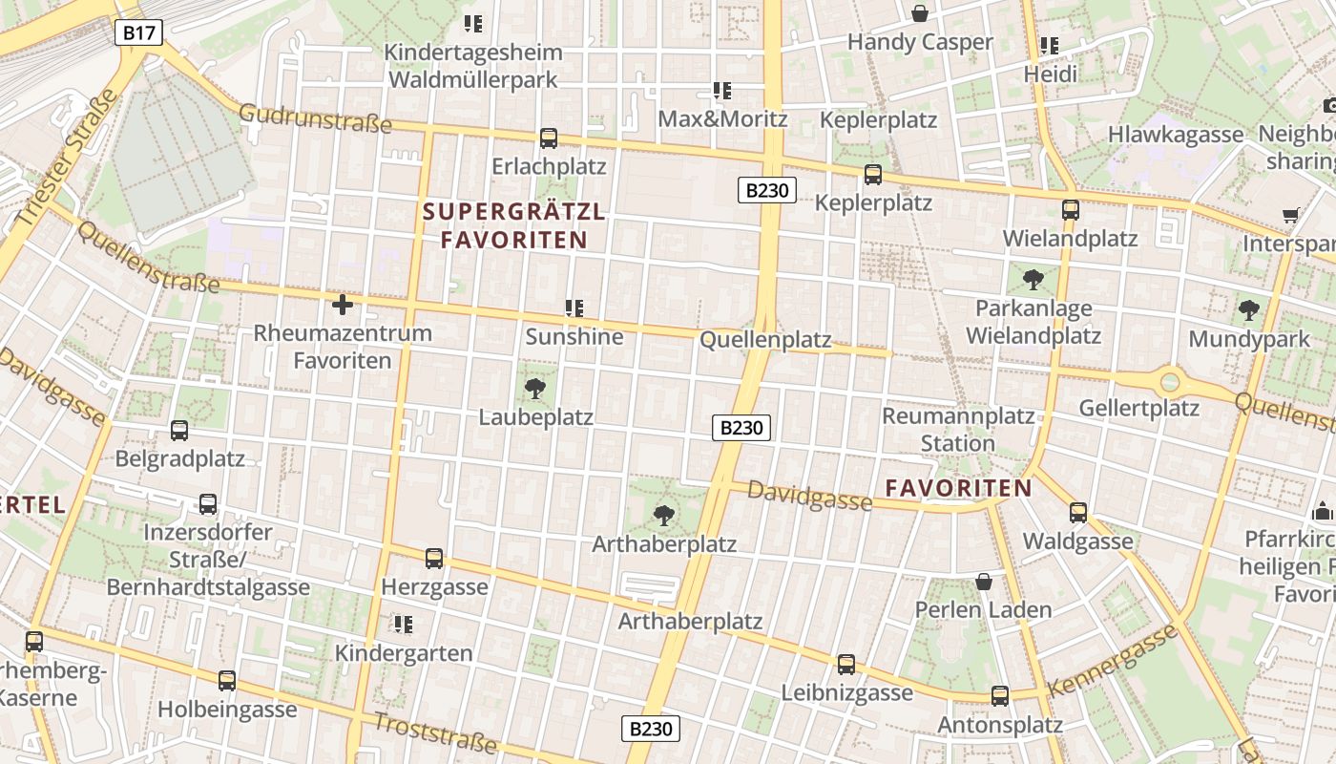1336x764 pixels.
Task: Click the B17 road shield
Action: [139, 33]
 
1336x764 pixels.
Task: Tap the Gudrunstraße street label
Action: [315, 118]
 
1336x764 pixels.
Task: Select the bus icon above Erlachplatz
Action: [549, 138]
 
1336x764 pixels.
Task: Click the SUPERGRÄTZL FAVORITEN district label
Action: [513, 225]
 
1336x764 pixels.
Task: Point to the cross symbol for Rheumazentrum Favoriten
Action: [342, 305]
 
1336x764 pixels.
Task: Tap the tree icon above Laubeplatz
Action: [535, 388]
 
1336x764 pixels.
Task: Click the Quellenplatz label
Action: [765, 341]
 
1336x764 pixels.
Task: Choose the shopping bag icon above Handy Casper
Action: [920, 13]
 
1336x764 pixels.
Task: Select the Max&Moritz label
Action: [723, 119]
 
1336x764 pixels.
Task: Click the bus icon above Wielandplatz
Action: [1071, 210]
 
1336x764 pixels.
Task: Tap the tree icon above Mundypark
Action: [1248, 310]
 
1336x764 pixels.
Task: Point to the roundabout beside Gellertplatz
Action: [1170, 383]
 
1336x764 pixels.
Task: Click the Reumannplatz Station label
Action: [958, 430]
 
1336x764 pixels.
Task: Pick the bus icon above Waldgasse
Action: [1078, 513]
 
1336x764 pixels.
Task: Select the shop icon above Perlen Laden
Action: [984, 582]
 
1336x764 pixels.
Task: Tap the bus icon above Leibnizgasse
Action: [846, 665]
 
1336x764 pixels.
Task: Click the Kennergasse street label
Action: [1113, 661]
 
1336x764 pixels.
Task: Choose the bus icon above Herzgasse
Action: [434, 559]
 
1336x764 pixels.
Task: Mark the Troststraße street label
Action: [435, 732]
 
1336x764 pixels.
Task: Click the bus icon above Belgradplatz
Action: [179, 431]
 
